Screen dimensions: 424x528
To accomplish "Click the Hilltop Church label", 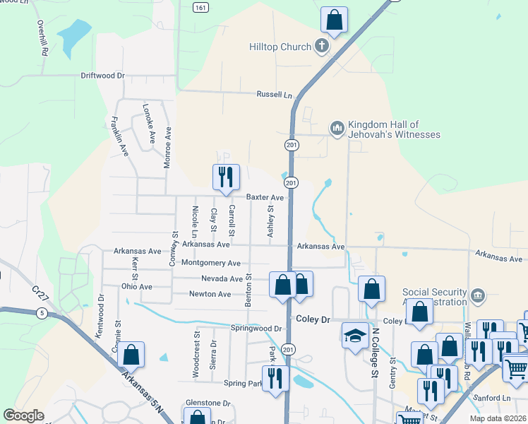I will point(280,47).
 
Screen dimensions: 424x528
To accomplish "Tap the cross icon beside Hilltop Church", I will point(322,47).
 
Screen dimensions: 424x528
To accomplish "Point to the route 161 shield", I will point(201,7).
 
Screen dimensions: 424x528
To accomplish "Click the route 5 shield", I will point(43,314).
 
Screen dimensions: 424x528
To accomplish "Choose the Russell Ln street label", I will point(274,95).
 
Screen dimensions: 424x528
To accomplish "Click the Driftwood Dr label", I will point(102,75).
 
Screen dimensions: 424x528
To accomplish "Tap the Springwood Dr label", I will point(256,329).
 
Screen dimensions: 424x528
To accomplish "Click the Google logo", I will point(24,416).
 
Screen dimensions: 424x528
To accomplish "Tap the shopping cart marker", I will point(515,367).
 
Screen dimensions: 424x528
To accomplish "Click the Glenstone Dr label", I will point(208,403).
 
